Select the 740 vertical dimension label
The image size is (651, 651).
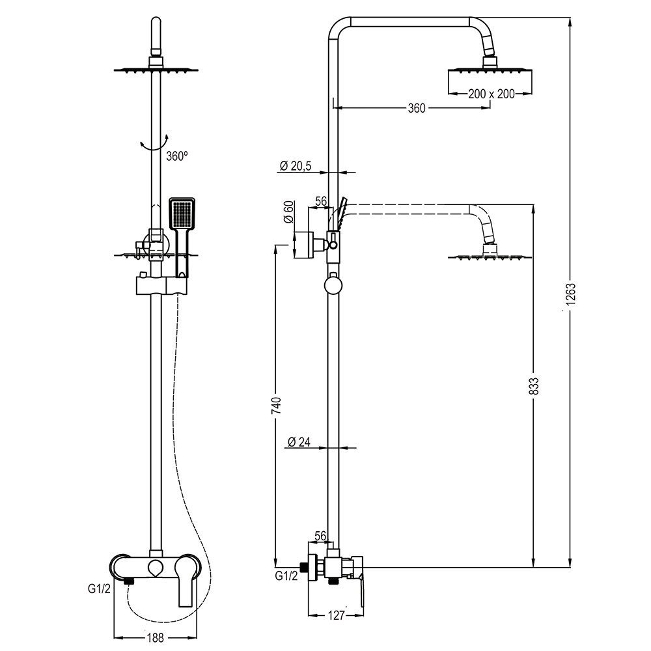pos(276,405)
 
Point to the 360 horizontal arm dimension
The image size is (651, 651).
pos(416,109)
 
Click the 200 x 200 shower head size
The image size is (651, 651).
pos(491,94)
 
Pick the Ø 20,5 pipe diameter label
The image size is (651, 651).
pos(296,167)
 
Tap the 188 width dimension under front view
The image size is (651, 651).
pos(155,639)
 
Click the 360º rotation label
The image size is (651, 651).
pos(176,156)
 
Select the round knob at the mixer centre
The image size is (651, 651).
pos(155,566)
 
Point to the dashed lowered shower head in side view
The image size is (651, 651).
pos(488,256)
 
